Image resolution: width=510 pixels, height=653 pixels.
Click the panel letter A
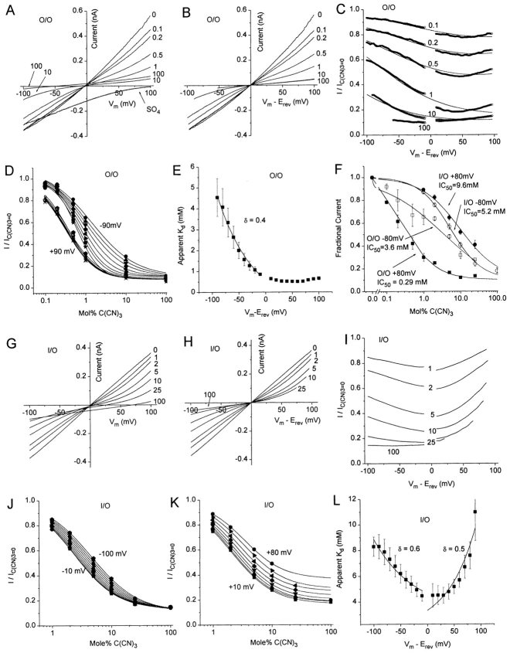[8, 11]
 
